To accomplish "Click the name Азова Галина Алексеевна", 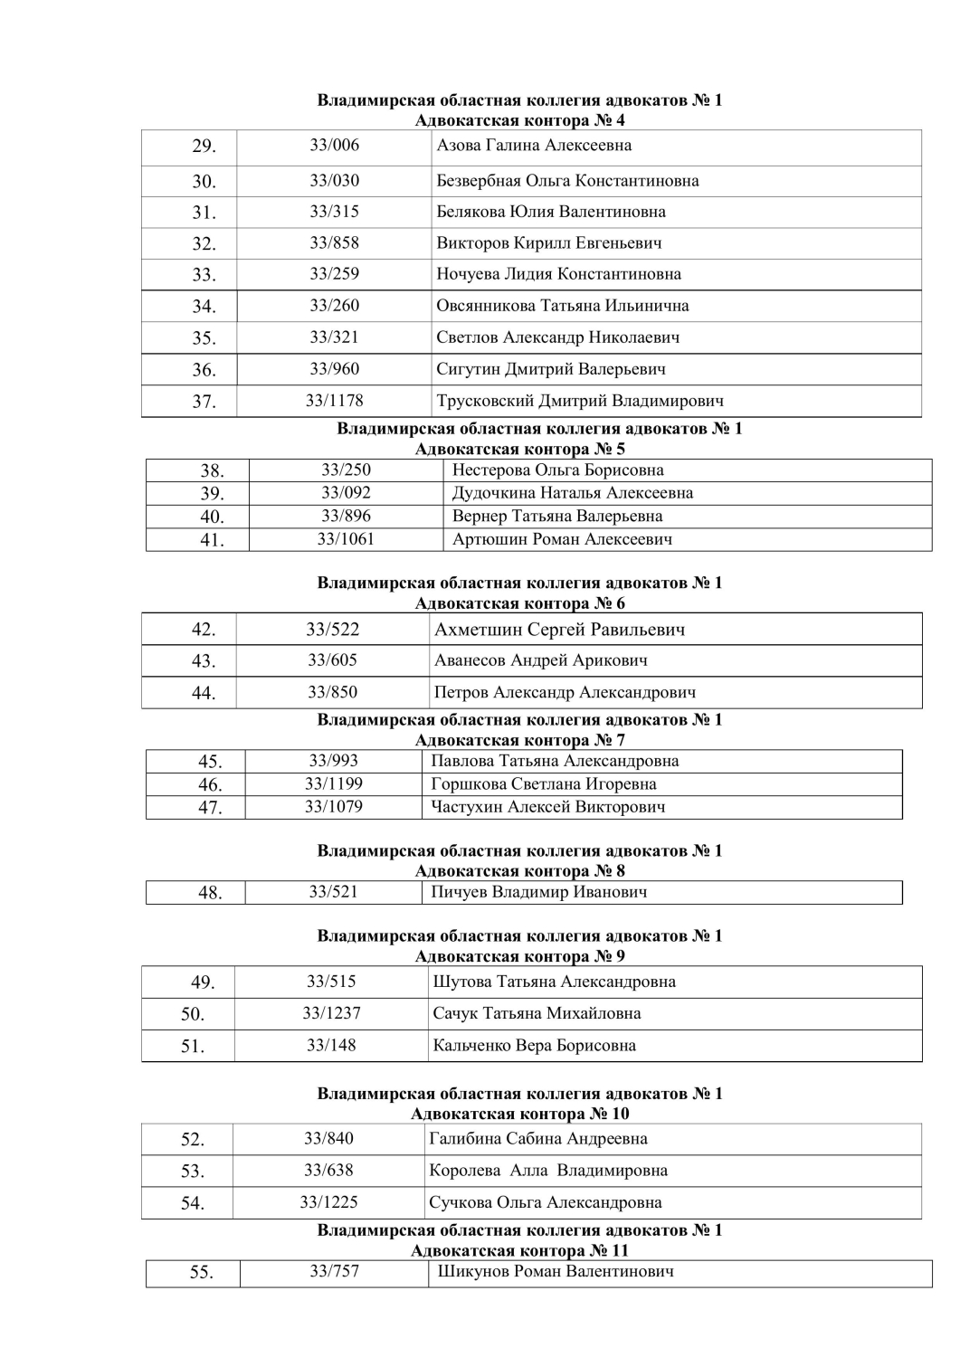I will tap(534, 146).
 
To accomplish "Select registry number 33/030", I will tap(334, 180).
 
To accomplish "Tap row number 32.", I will tap(204, 243).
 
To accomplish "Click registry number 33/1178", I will tap(334, 400).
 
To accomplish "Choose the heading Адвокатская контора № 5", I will tap(519, 449).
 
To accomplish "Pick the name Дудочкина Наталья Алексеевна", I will tap(572, 493).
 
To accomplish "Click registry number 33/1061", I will tap(345, 539).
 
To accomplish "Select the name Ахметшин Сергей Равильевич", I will tap(559, 630).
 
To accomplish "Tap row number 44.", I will tap(204, 693).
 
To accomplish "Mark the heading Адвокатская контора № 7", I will tap(519, 740).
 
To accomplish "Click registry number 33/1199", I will tap(333, 784).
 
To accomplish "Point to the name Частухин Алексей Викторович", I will tap(547, 807).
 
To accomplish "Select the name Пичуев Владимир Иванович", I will tap(538, 892).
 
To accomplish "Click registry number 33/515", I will tap(331, 982).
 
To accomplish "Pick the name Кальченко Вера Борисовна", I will tap(534, 1046).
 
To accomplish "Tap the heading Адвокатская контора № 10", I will tap(519, 1114).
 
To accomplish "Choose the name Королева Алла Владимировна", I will tap(547, 1171).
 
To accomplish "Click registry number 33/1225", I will tap(328, 1202).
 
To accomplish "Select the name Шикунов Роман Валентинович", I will tap(556, 1272).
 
